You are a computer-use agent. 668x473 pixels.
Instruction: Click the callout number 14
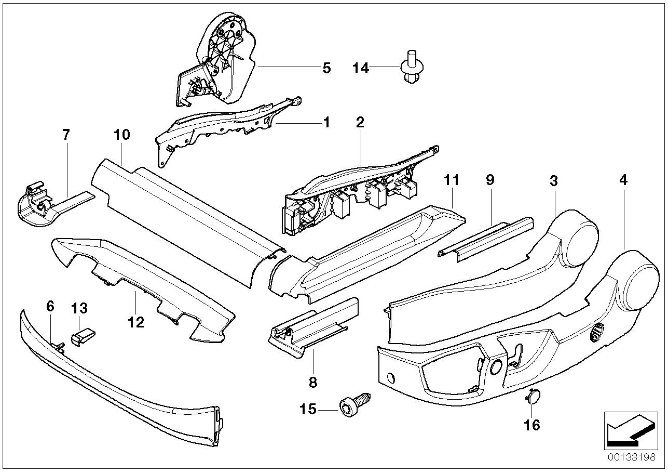coord(361,68)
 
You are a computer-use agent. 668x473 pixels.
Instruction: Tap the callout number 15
coord(308,410)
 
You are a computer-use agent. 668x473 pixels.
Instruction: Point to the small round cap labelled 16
coord(531,398)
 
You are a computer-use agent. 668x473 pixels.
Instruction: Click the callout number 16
coord(532,425)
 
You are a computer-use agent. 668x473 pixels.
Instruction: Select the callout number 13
coord(80,308)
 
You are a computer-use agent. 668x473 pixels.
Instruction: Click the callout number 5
coord(326,68)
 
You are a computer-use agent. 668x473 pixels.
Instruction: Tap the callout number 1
coord(326,123)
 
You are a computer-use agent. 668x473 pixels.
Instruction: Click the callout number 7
coord(65,135)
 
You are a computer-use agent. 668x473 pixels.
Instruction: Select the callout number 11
coord(452,180)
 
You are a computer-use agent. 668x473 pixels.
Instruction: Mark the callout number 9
coord(490,180)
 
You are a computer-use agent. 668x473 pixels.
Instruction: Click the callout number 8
coord(312,383)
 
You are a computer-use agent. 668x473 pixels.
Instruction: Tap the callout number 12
coord(135,323)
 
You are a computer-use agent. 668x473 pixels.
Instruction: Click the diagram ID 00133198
coord(632,457)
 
